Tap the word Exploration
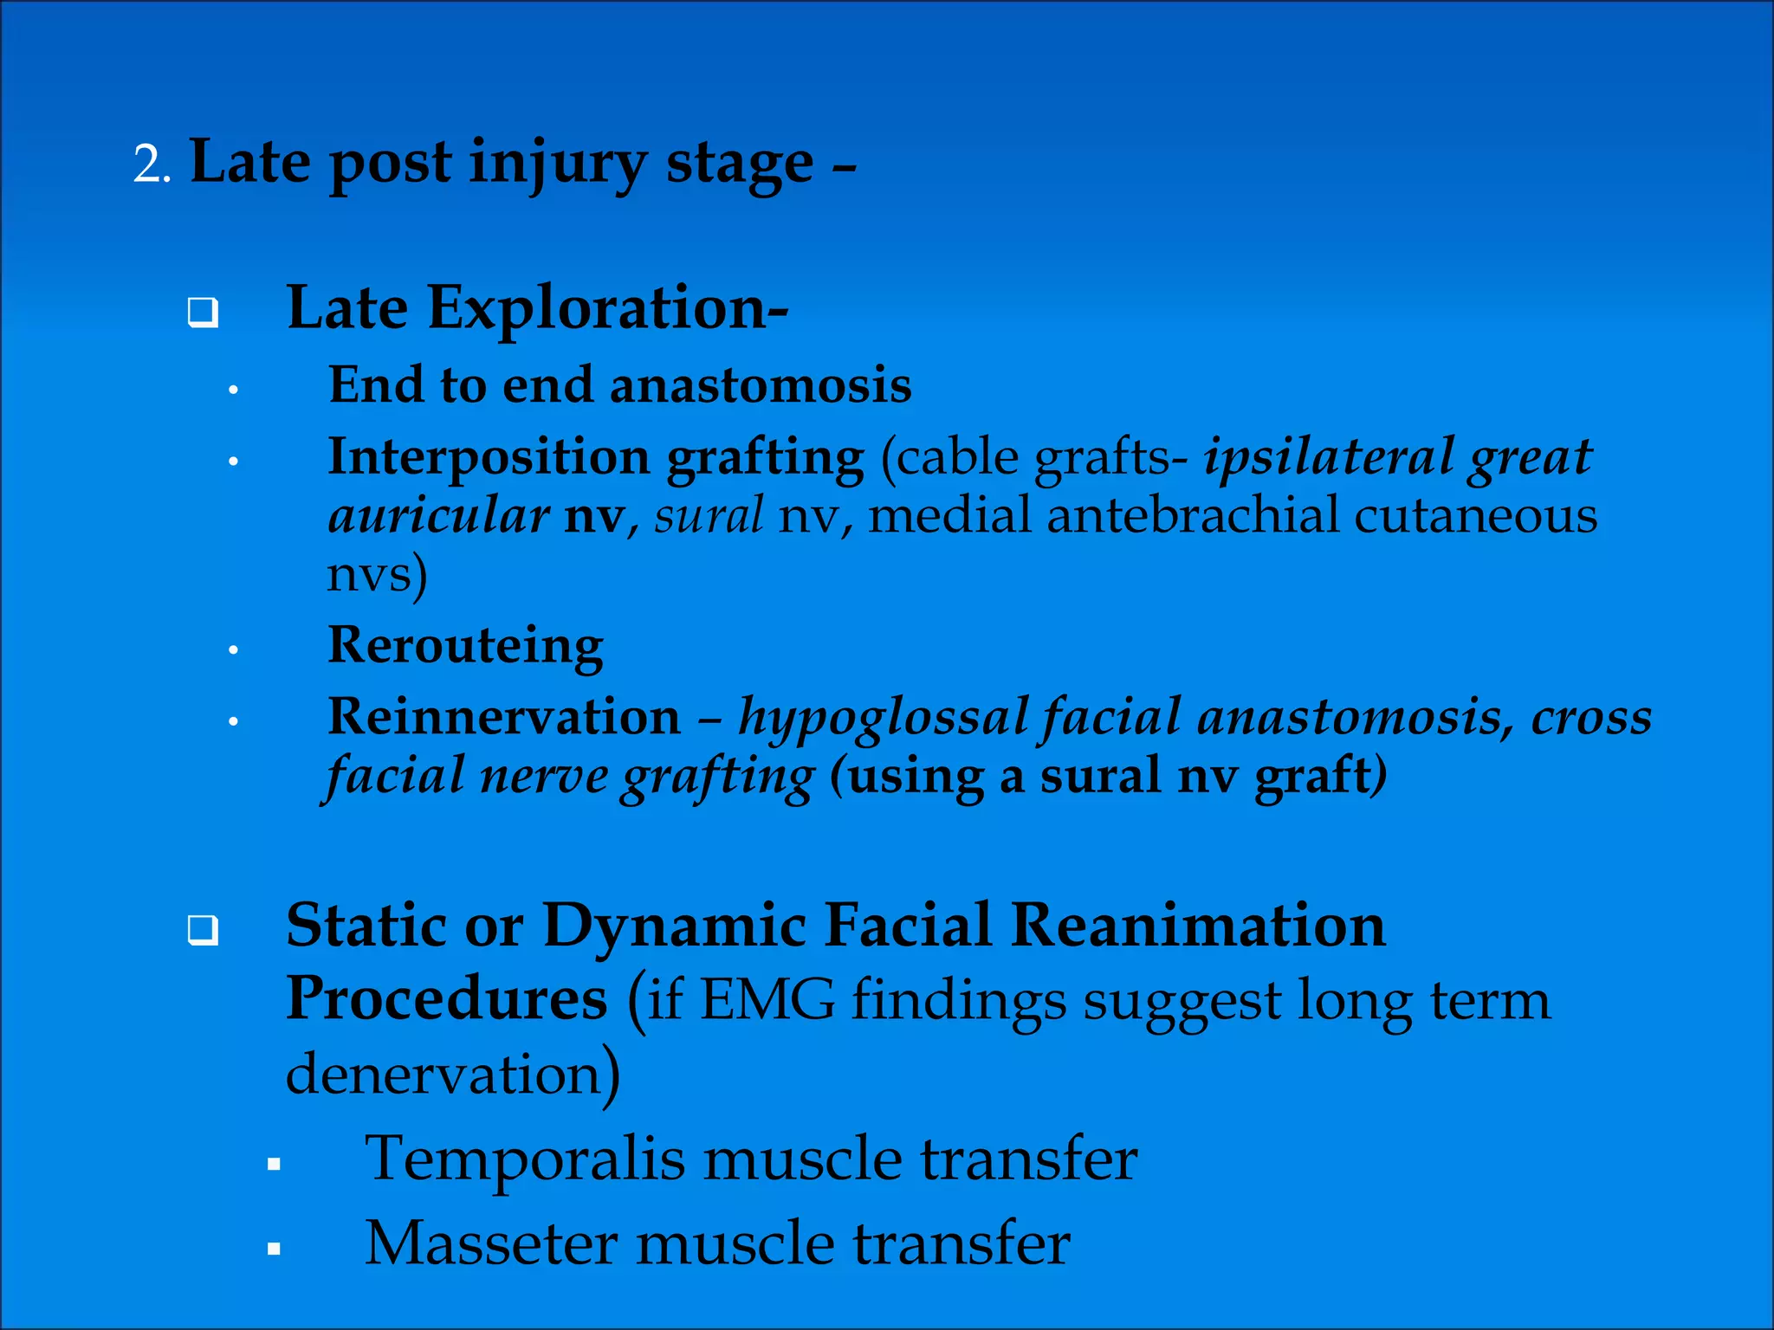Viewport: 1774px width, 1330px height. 606,309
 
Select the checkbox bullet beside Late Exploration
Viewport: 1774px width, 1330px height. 203,313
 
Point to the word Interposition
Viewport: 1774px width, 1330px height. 489,457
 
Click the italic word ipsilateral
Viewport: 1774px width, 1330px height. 1326,457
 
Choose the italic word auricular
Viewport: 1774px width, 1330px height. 438,516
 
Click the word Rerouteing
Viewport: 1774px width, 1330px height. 465,646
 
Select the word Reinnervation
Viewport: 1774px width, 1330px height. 504,718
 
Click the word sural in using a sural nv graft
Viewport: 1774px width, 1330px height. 1100,776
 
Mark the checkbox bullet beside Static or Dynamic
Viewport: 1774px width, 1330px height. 203,932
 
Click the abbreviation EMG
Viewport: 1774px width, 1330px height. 767,1001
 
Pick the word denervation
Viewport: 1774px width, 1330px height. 443,1075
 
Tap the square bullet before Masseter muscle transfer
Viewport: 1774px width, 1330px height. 274,1249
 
